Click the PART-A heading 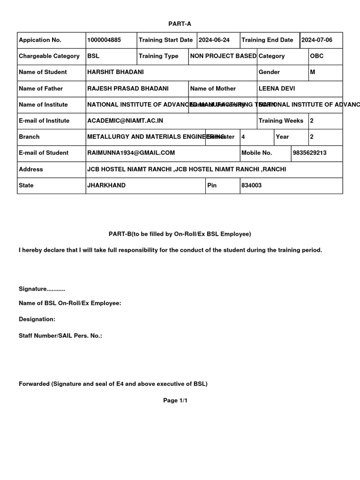180,23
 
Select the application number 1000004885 104,40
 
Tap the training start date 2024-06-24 214,40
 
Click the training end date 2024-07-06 317,40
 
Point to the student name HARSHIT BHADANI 116,72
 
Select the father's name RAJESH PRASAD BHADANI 128,89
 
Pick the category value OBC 317,56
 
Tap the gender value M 313,72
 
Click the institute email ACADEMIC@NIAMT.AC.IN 125,121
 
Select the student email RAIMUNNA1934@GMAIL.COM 131,153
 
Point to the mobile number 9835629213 310,153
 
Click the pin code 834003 251,186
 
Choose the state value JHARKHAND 106,186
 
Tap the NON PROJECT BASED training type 223,56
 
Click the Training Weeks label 281,121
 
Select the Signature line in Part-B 42,289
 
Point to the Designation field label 37,319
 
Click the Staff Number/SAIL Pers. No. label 60,336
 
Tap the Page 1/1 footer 175,401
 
